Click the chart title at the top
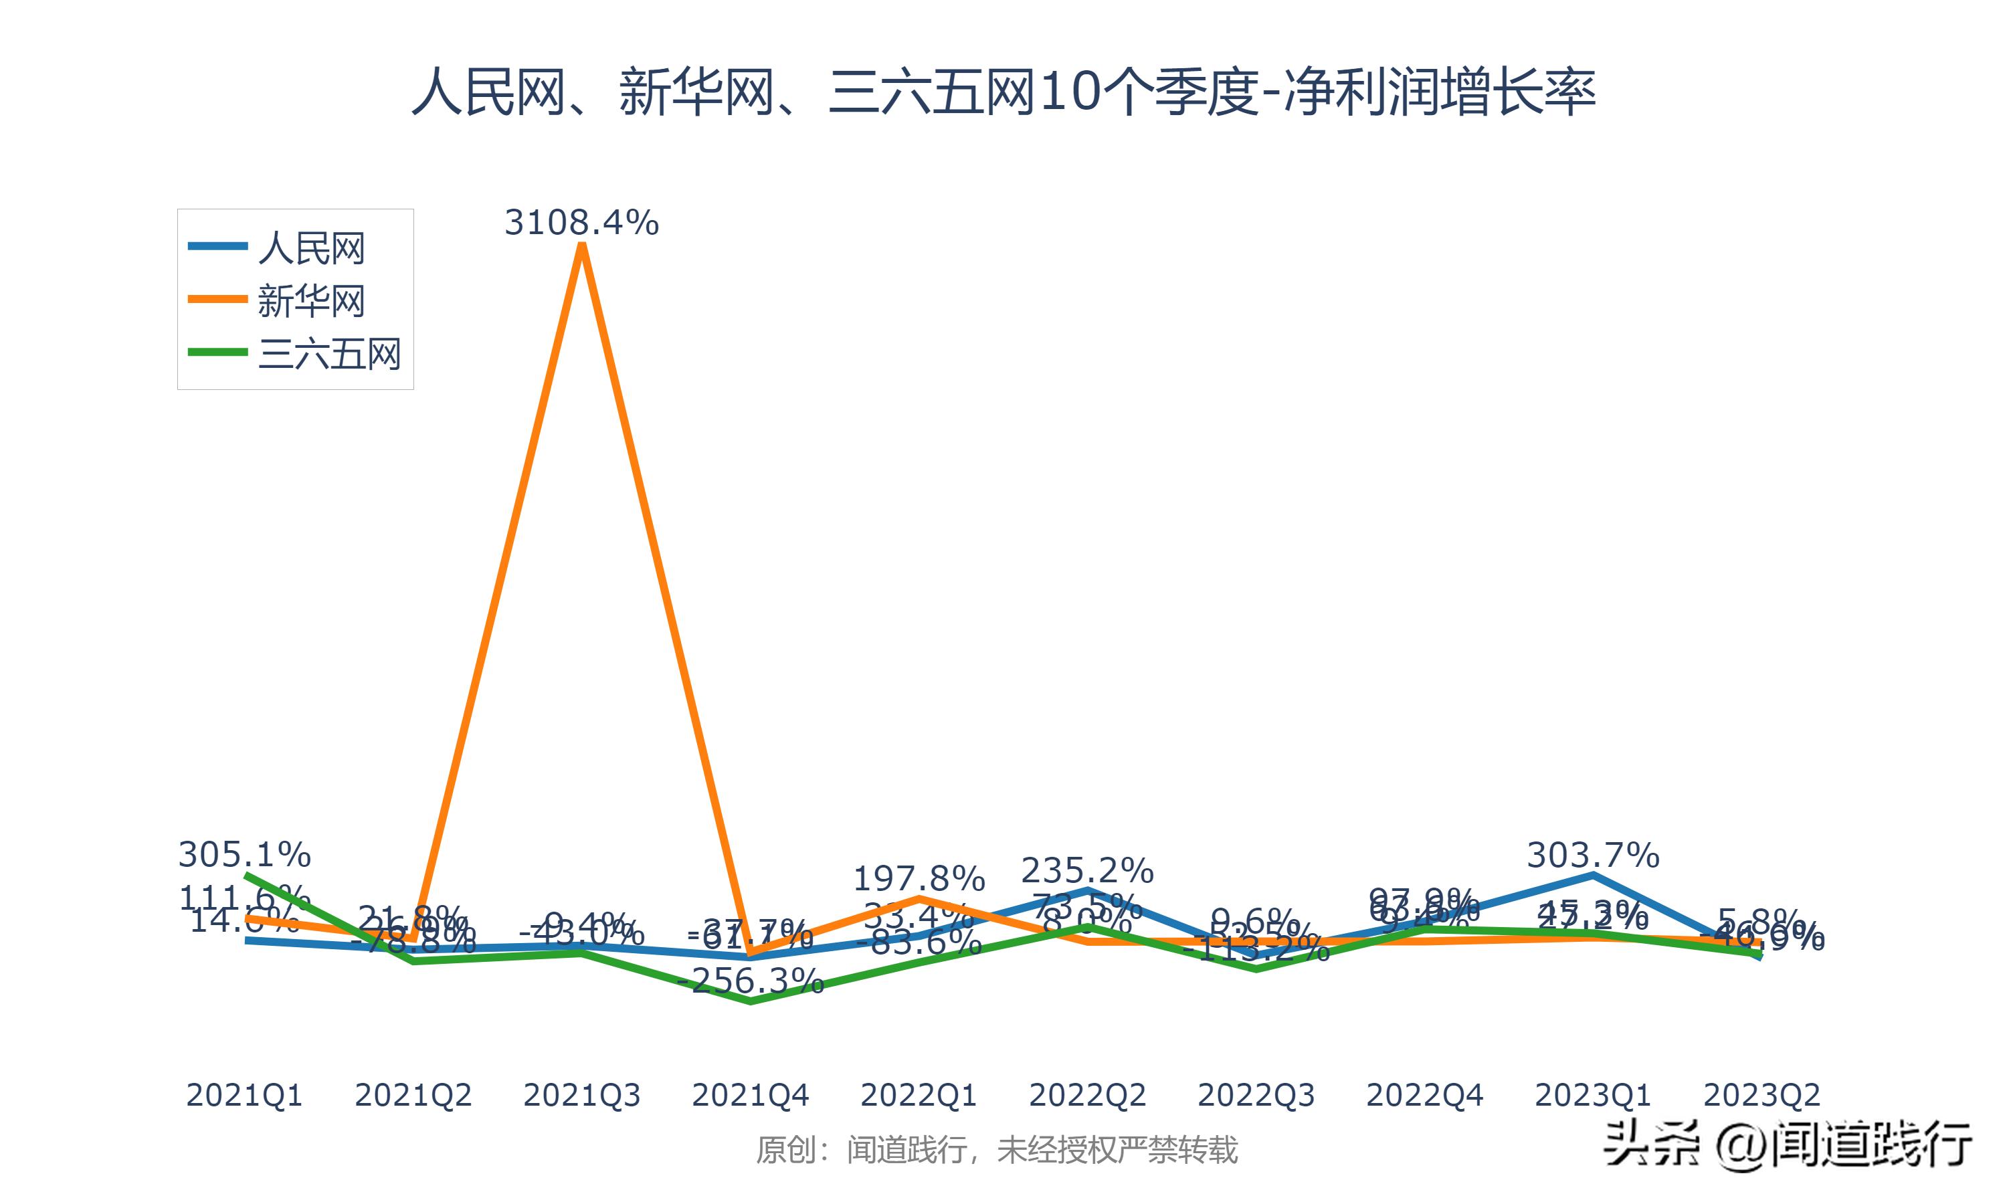(x=1004, y=92)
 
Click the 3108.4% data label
(x=581, y=222)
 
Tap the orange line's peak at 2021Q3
(x=581, y=246)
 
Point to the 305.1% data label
(x=244, y=854)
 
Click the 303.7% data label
(x=1592, y=855)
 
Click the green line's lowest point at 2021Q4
(x=751, y=1001)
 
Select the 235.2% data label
(x=1087, y=870)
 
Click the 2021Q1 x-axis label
(x=244, y=1095)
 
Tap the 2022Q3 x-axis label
(x=1256, y=1095)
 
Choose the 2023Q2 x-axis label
(x=1761, y=1095)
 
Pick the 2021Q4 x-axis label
(x=751, y=1095)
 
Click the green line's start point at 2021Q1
(x=246, y=876)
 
